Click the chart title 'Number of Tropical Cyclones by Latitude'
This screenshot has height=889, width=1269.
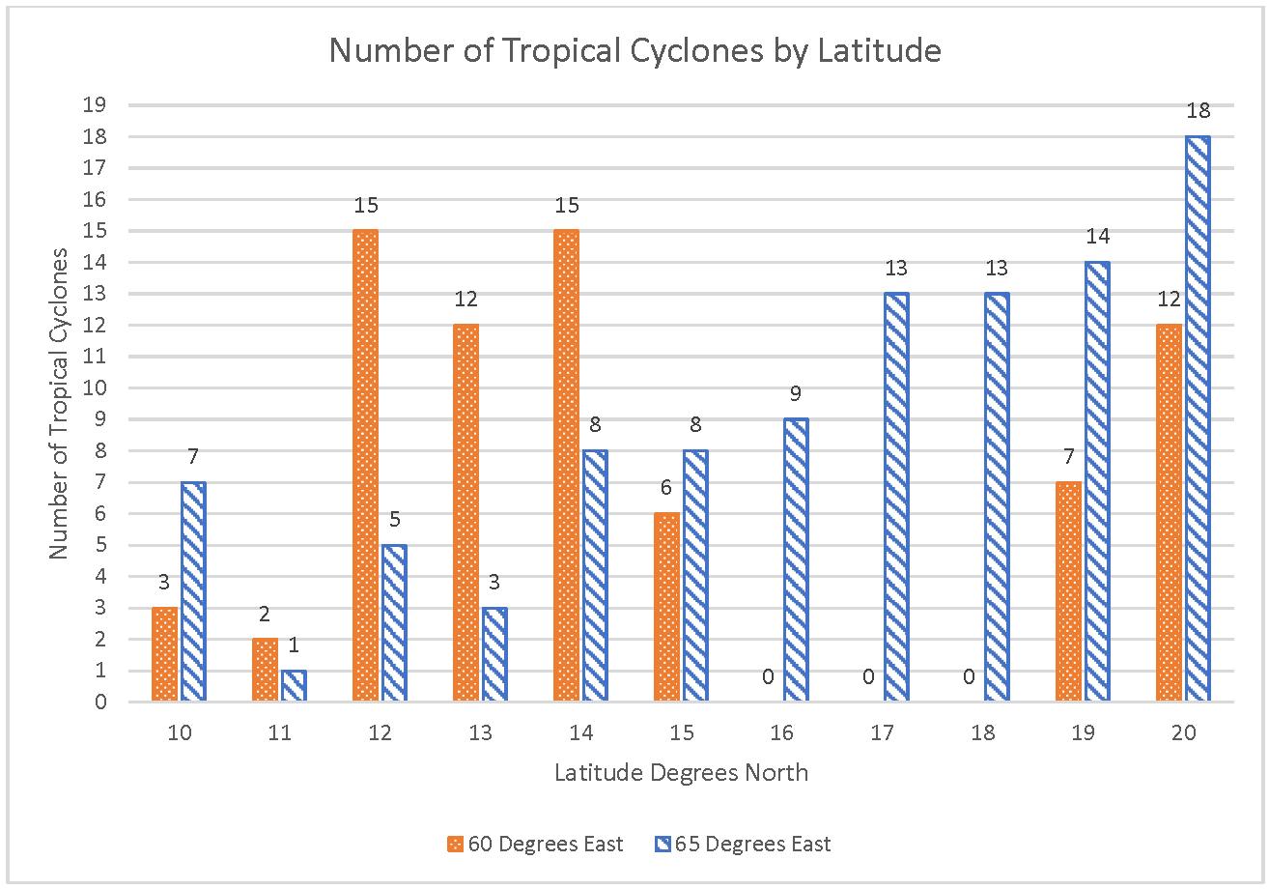634,50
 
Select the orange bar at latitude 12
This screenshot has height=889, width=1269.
365,466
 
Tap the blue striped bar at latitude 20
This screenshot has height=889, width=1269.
1198,418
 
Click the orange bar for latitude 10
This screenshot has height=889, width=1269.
164,654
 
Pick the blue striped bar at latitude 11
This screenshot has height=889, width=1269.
294,685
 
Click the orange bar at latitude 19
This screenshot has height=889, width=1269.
1068,591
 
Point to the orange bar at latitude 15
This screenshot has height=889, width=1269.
666,607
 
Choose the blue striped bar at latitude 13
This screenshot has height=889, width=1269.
494,654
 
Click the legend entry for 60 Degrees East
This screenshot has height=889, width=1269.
536,844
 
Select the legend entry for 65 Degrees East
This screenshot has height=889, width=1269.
743,844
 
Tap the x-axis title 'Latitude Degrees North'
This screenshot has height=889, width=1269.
681,773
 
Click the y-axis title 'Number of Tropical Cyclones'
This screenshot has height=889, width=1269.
60,403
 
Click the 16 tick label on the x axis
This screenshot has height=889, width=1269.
781,733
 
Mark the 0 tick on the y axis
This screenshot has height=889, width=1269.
101,702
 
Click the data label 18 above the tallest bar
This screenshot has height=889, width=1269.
1198,110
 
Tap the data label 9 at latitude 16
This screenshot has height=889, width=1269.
796,394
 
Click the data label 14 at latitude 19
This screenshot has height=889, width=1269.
1097,237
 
